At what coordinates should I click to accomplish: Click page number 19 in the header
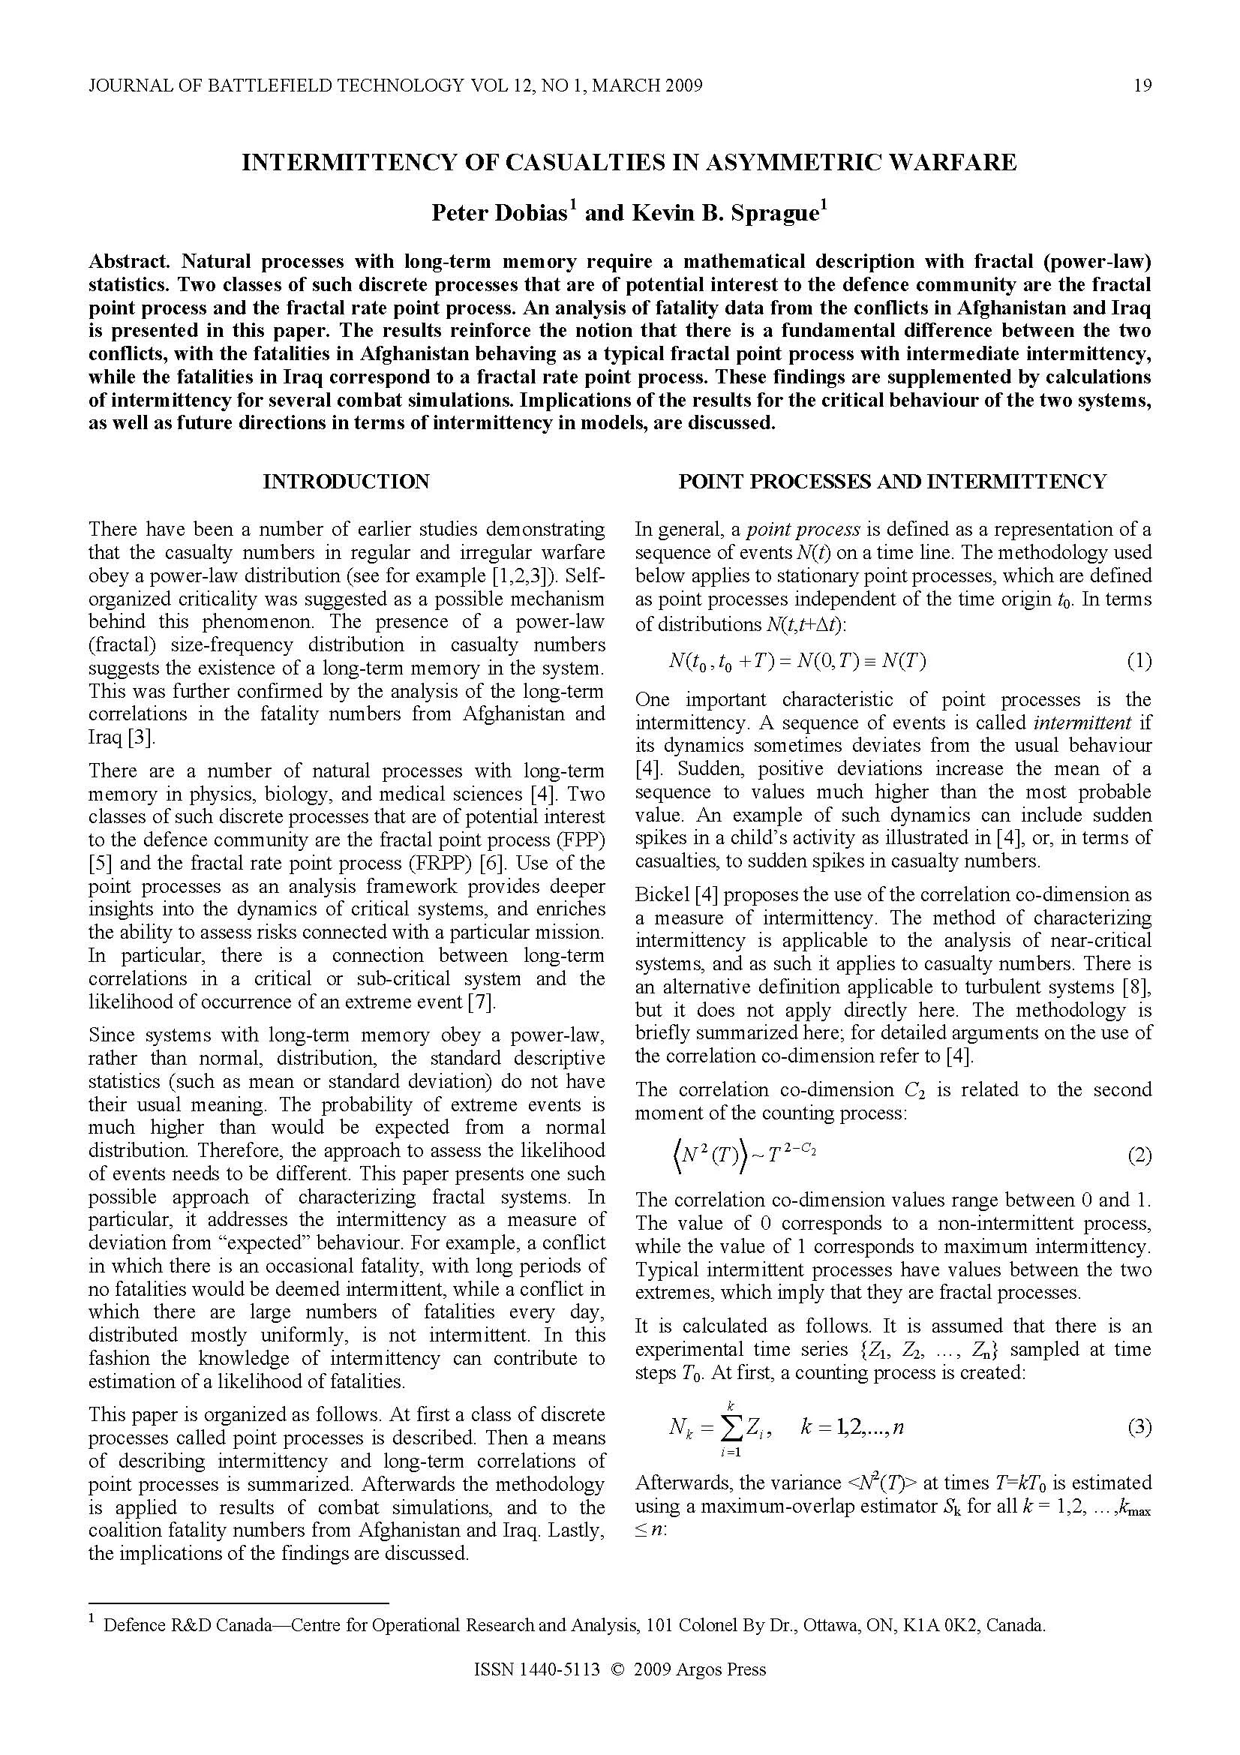tap(1142, 86)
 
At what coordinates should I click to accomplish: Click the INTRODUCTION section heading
tap(346, 482)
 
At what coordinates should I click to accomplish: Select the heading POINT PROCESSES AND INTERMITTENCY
tap(893, 482)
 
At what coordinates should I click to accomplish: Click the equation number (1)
tap(1139, 661)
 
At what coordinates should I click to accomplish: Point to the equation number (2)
tap(1139, 1155)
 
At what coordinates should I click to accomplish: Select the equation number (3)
tap(1139, 1427)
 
